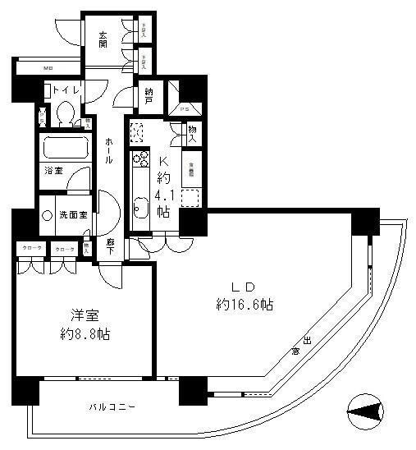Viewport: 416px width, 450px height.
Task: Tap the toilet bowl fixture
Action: [66, 111]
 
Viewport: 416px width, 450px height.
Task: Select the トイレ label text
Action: [66, 90]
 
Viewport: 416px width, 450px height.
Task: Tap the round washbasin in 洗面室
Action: [46, 215]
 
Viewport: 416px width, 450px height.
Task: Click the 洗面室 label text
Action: [73, 215]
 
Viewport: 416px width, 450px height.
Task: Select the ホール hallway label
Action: [108, 150]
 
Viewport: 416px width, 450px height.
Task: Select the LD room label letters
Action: [245, 287]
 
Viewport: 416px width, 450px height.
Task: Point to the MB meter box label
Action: [48, 68]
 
